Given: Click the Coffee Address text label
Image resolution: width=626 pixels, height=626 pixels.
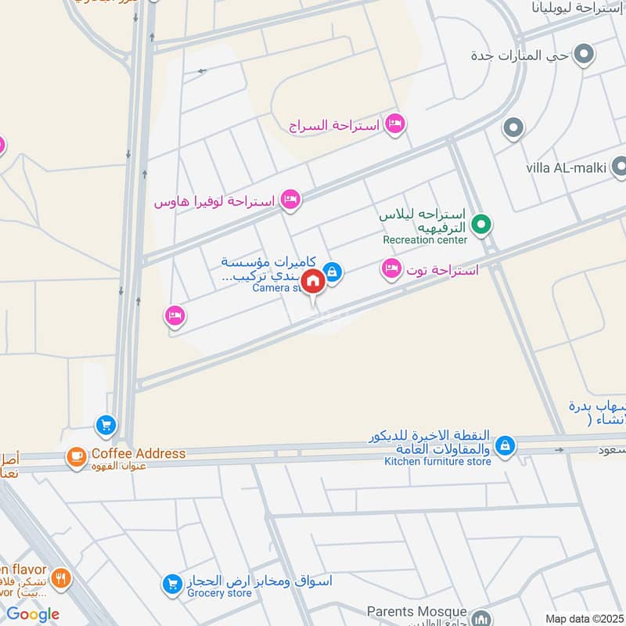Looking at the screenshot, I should [139, 454].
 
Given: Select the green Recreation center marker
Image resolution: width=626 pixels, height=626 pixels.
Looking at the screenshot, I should [482, 226].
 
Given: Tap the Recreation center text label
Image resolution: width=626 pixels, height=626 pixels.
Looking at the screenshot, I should [424, 240].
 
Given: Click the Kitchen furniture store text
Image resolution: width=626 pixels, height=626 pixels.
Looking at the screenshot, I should [437, 462].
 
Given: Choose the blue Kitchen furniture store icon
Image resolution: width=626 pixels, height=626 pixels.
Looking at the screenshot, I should [505, 446].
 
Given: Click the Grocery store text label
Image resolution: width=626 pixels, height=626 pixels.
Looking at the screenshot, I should [218, 594].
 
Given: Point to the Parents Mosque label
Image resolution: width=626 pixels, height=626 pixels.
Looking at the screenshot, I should [417, 611].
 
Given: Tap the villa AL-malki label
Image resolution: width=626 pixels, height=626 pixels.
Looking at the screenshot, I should [566, 167].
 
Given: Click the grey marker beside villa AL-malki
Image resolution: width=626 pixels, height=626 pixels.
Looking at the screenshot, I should [619, 166].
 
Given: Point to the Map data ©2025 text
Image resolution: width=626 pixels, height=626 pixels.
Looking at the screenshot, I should [585, 618].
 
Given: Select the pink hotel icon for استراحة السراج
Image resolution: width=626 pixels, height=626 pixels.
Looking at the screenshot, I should [396, 124].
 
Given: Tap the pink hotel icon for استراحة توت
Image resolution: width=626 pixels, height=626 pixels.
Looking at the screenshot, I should [390, 270].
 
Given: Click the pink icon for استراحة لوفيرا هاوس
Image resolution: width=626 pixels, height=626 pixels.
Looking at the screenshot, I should [290, 200].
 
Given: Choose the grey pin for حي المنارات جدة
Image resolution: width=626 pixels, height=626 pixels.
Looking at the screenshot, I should [583, 55].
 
